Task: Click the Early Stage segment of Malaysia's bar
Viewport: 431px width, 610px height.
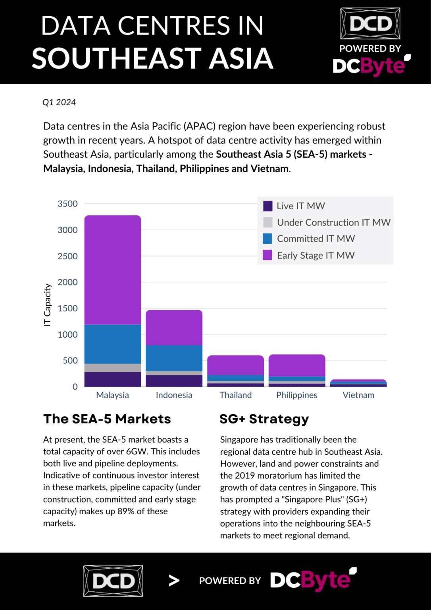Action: pyautogui.click(x=113, y=270)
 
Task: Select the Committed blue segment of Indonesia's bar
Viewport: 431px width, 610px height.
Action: pyautogui.click(x=174, y=358)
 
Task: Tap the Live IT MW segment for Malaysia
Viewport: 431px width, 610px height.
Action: pyautogui.click(x=113, y=379)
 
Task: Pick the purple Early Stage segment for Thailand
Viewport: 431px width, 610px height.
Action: pyautogui.click(x=235, y=365)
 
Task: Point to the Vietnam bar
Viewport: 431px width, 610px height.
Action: pyautogui.click(x=358, y=383)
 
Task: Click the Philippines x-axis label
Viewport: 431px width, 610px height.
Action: pyautogui.click(x=297, y=395)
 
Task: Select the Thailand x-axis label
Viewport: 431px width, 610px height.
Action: pyautogui.click(x=236, y=395)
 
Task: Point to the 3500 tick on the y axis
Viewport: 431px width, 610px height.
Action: pyautogui.click(x=67, y=204)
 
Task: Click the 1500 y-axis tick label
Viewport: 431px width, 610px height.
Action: pyautogui.click(x=67, y=309)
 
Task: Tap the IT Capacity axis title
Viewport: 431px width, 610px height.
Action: pyautogui.click(x=47, y=305)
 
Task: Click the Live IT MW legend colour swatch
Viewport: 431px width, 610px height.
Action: pyautogui.click(x=268, y=206)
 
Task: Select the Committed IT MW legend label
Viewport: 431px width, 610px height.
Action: pyautogui.click(x=316, y=239)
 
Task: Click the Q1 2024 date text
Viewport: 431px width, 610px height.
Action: pyautogui.click(x=59, y=102)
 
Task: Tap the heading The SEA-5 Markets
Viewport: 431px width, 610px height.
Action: pyautogui.click(x=107, y=419)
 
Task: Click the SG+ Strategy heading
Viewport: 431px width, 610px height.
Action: pyautogui.click(x=264, y=419)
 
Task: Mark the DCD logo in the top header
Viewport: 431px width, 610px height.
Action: pyautogui.click(x=370, y=23)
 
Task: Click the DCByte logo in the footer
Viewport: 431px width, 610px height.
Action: pyautogui.click(x=313, y=580)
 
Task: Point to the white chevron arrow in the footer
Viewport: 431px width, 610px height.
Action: pyautogui.click(x=174, y=581)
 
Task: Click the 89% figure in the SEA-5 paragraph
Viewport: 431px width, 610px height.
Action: pyautogui.click(x=125, y=512)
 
